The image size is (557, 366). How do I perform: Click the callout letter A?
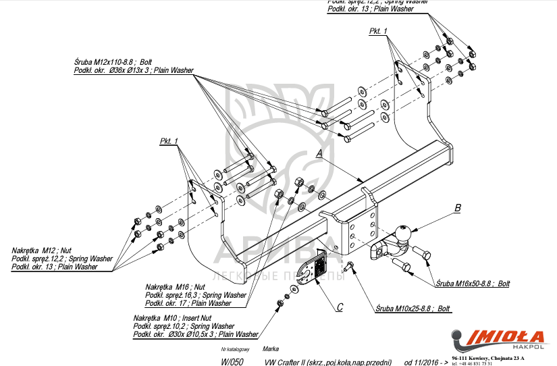[x=319, y=153]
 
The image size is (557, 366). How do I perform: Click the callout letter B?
[x=457, y=207]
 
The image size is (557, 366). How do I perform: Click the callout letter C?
[x=340, y=307]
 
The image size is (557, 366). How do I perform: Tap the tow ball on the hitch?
[x=403, y=233]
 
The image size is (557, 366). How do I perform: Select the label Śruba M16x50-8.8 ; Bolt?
[x=472, y=284]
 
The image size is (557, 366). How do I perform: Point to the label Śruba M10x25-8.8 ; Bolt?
[x=413, y=309]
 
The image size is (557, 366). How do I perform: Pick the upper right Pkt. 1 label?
[x=378, y=32]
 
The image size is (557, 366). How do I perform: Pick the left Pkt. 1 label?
[x=168, y=140]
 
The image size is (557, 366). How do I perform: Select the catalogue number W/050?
[x=232, y=362]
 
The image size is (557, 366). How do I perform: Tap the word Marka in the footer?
[x=271, y=349]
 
